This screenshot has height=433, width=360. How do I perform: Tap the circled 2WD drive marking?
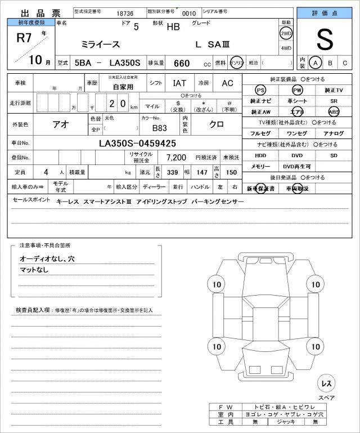(286, 33)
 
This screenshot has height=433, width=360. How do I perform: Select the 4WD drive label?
(286, 48)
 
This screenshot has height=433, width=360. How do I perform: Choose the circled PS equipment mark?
(260, 90)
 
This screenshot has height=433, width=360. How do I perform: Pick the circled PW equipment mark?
(297, 90)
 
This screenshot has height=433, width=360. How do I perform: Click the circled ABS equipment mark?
(334, 111)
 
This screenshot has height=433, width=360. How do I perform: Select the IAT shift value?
(179, 83)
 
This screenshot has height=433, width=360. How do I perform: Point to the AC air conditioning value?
(227, 83)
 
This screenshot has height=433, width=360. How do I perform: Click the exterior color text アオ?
(61, 124)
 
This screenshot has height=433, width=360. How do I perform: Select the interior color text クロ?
(217, 124)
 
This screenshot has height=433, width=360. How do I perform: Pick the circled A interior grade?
(316, 63)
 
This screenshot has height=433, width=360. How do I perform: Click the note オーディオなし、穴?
(47, 258)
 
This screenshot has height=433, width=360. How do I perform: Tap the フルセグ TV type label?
(260, 133)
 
